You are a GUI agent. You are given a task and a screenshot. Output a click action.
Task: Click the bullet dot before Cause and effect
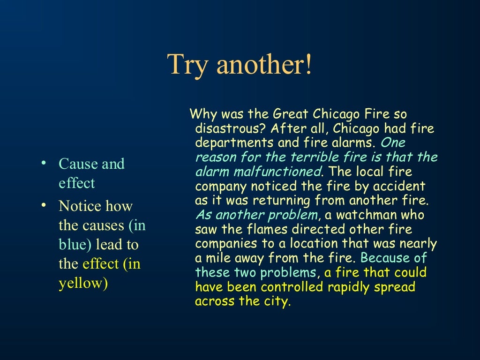(44, 163)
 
